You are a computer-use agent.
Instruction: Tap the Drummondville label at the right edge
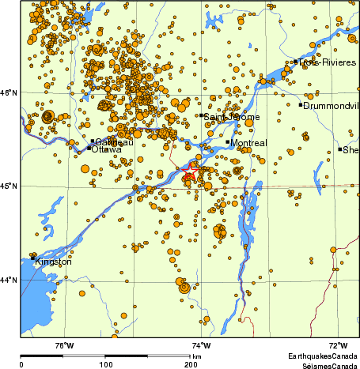(x=332, y=106)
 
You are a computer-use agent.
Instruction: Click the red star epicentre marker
(x=191, y=171)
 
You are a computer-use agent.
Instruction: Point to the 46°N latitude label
(x=9, y=93)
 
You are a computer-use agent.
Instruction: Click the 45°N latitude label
(x=9, y=186)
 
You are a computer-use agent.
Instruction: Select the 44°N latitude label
(x=9, y=280)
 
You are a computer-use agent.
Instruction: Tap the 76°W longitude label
(x=64, y=346)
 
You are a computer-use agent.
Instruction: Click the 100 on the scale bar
(x=105, y=364)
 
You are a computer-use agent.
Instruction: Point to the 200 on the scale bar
(x=190, y=364)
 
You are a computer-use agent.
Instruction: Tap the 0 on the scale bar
(x=21, y=364)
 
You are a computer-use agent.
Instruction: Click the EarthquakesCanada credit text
(x=321, y=357)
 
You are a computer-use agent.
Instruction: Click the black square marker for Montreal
(x=228, y=142)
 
